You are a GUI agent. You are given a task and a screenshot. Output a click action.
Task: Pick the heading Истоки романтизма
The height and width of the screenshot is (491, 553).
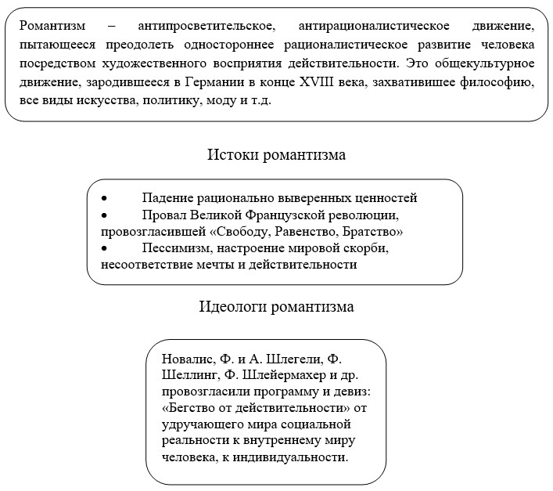[x=276, y=154]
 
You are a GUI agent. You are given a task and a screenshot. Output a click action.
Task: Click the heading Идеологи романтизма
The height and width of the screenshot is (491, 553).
[x=276, y=306]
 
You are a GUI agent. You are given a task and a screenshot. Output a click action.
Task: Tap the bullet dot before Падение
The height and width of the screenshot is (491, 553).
[x=105, y=197]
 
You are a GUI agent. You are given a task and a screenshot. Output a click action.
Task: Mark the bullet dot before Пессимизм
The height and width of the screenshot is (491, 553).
[x=105, y=248]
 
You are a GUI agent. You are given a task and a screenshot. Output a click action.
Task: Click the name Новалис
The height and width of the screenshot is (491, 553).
[x=189, y=359]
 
